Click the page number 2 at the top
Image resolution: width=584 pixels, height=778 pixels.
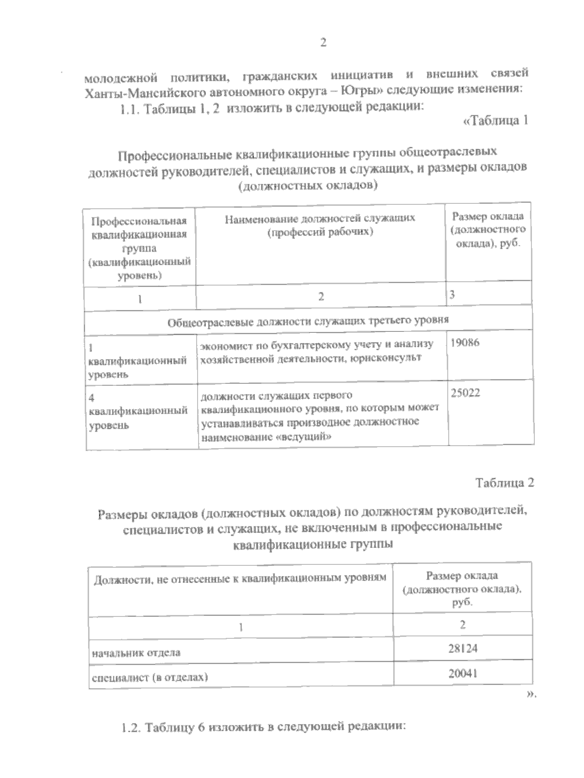(x=323, y=43)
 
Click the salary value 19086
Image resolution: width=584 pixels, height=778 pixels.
(x=465, y=343)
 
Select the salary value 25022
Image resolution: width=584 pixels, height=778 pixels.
(x=466, y=393)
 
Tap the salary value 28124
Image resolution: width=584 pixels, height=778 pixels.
(x=463, y=648)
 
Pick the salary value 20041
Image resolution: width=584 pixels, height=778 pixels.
(x=463, y=673)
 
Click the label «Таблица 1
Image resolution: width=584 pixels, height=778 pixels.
(x=494, y=121)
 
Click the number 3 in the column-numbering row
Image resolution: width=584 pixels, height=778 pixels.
(x=453, y=295)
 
